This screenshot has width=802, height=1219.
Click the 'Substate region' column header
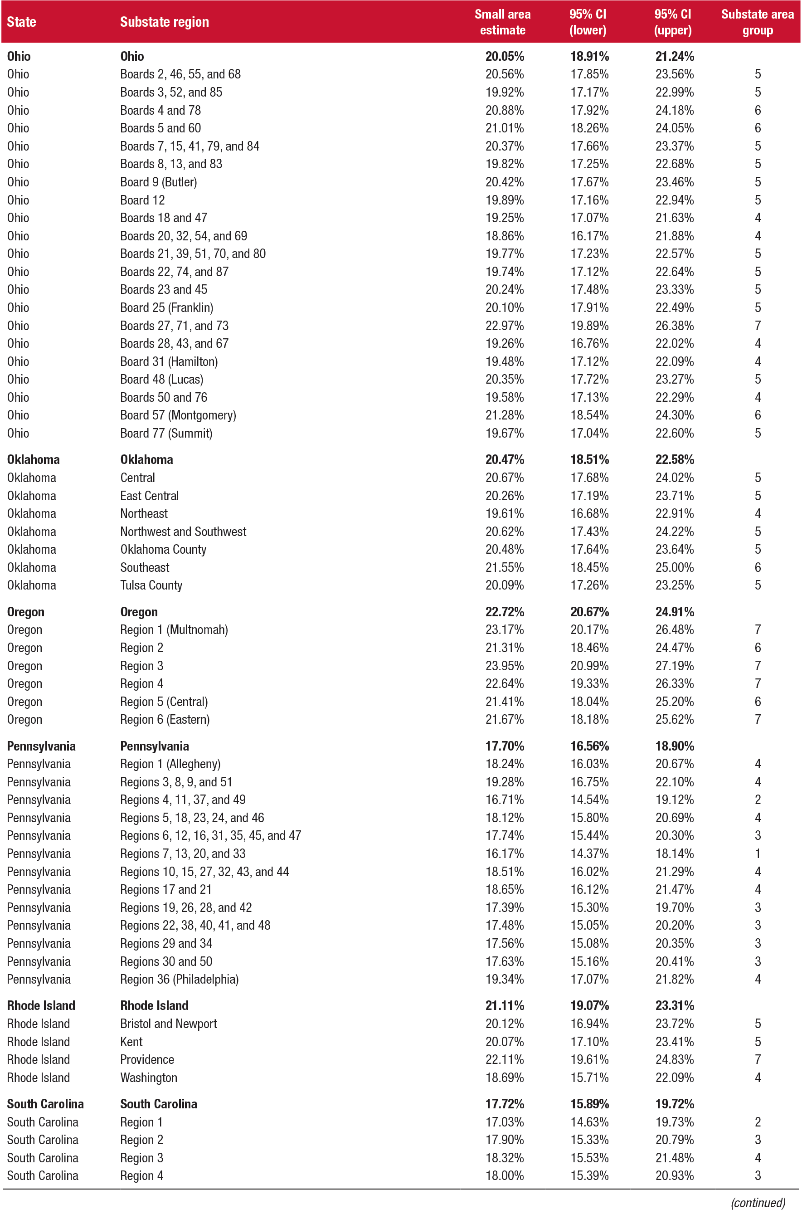point(165,22)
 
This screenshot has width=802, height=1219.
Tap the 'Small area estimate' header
point(502,22)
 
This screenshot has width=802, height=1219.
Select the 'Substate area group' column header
point(757,22)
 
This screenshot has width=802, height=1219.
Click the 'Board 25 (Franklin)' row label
point(166,308)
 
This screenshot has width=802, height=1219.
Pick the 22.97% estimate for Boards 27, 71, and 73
point(505,326)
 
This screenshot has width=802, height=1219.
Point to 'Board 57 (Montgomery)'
point(178,415)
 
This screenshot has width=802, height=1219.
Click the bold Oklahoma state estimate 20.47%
point(505,460)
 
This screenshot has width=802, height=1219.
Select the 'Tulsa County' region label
point(151,585)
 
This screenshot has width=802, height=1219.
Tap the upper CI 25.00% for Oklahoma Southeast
point(675,567)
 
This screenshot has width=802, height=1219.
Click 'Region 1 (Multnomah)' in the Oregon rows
point(174,630)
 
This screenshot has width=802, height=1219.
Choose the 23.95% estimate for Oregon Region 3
point(505,666)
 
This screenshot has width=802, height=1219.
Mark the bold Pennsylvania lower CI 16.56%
point(589,746)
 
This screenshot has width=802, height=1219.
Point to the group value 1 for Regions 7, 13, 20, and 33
point(758,854)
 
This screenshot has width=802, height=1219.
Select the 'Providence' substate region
point(147,1059)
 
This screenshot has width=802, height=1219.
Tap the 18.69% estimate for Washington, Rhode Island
point(505,1078)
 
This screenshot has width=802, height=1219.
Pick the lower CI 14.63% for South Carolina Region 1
point(589,1122)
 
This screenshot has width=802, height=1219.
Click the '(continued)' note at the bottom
point(758,1203)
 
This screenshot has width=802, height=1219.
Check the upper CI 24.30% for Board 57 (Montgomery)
point(675,415)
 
